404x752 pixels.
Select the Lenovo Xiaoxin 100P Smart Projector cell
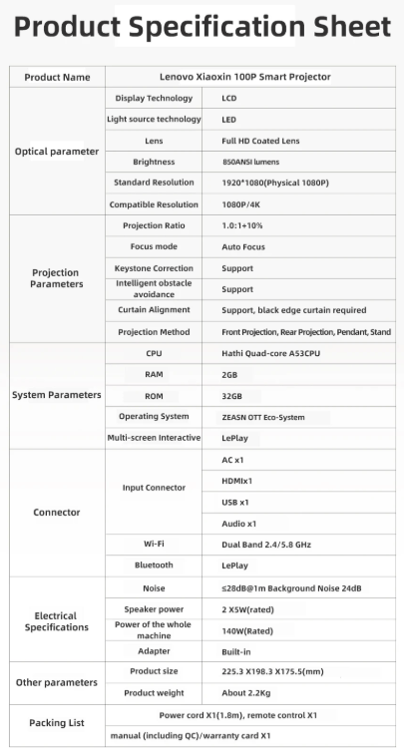244,77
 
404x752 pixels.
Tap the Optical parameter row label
56,152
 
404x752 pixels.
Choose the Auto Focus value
242,246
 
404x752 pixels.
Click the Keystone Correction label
154,268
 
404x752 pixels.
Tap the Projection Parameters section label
56,277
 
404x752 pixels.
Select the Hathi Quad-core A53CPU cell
270,353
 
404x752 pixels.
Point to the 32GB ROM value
231,395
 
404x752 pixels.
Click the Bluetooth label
154,564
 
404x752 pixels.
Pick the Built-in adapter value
235,650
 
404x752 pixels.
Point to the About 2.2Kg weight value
244,692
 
